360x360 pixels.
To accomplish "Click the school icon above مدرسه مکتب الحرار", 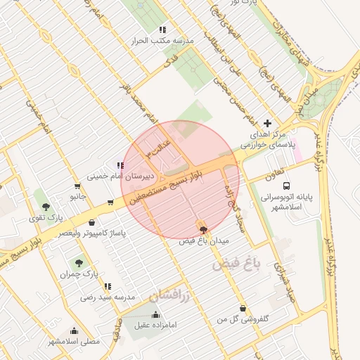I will (x=162, y=30).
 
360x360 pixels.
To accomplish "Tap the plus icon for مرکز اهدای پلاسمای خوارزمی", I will (x=266, y=123).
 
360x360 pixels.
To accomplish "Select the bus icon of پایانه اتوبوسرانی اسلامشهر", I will (x=285, y=186).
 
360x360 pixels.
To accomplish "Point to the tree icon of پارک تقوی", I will (x=46, y=207).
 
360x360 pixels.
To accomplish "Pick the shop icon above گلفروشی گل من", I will (x=243, y=308).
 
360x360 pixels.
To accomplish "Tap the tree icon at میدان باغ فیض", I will (x=204, y=230).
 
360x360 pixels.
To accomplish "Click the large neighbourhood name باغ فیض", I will (x=236, y=265).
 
